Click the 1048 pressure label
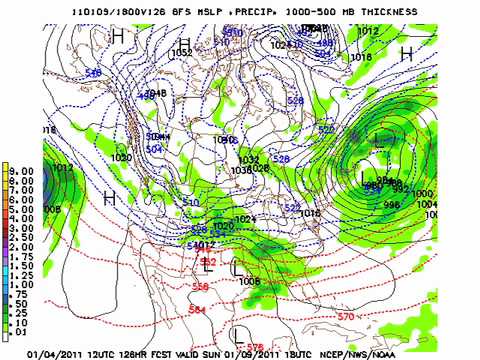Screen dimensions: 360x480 155,93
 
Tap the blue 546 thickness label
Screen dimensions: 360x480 93,73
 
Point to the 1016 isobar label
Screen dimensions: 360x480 310,213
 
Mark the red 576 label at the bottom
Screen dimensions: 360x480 256,346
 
